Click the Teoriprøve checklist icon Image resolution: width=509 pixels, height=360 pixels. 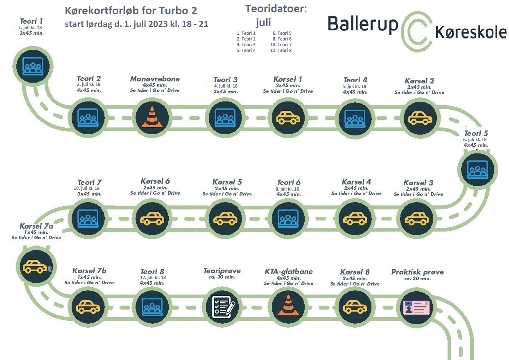[223, 307]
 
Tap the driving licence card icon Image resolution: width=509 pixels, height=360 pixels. [416, 308]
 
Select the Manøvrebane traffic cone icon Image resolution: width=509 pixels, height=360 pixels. [152, 117]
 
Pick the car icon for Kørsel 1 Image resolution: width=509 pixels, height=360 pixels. [288, 118]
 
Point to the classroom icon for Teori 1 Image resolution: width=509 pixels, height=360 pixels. [33, 66]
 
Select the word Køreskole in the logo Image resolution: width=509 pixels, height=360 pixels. [471, 33]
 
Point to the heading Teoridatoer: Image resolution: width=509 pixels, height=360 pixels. [276, 9]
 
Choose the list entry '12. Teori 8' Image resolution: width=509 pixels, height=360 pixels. [281, 50]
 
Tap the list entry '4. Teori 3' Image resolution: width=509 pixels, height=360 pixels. [246, 45]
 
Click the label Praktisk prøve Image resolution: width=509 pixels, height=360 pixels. [417, 272]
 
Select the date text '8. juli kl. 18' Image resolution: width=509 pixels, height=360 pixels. [287, 189]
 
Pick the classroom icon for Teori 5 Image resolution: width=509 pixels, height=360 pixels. [477, 170]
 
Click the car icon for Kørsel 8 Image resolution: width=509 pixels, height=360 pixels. [355, 307]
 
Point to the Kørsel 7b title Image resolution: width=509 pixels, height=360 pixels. [89, 271]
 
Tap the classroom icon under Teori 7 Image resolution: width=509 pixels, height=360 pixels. [88, 218]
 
